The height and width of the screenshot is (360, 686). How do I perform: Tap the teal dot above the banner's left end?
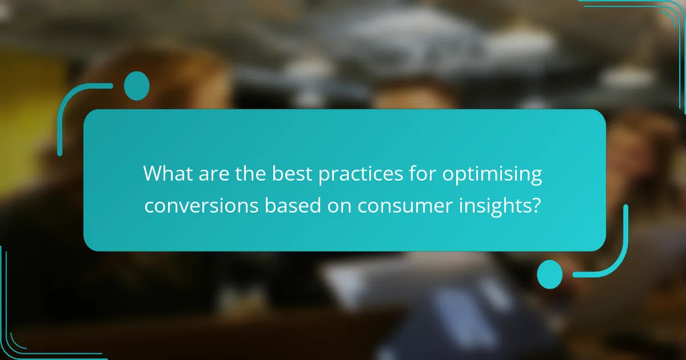tap(136, 86)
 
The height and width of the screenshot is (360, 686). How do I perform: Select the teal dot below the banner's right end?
tap(549, 274)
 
